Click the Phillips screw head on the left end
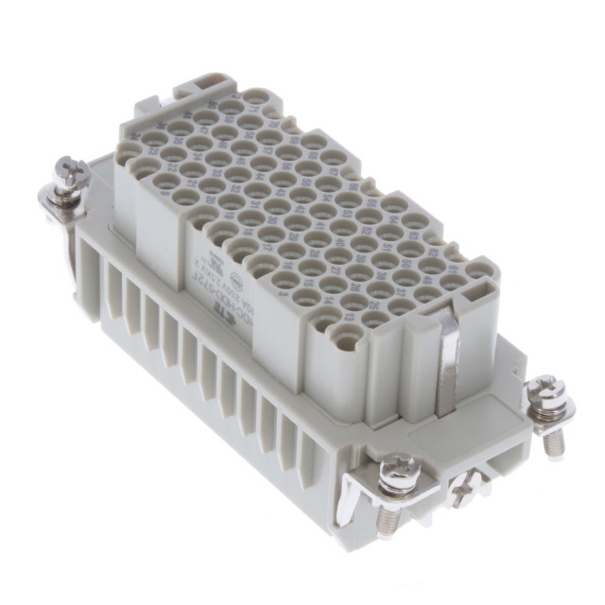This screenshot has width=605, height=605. pyautogui.click(x=70, y=172)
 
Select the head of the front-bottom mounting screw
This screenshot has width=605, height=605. pyautogui.click(x=398, y=470)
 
